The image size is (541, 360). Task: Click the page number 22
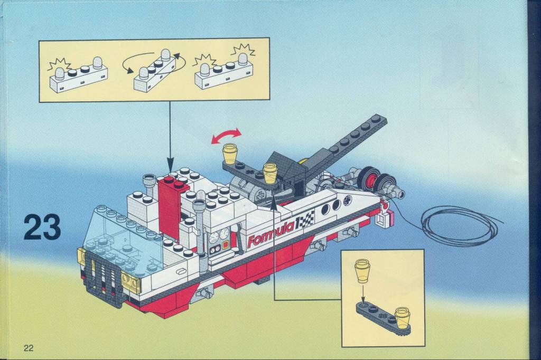pyautogui.click(x=29, y=347)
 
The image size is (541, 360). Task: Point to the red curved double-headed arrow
pyautogui.click(x=226, y=135)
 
